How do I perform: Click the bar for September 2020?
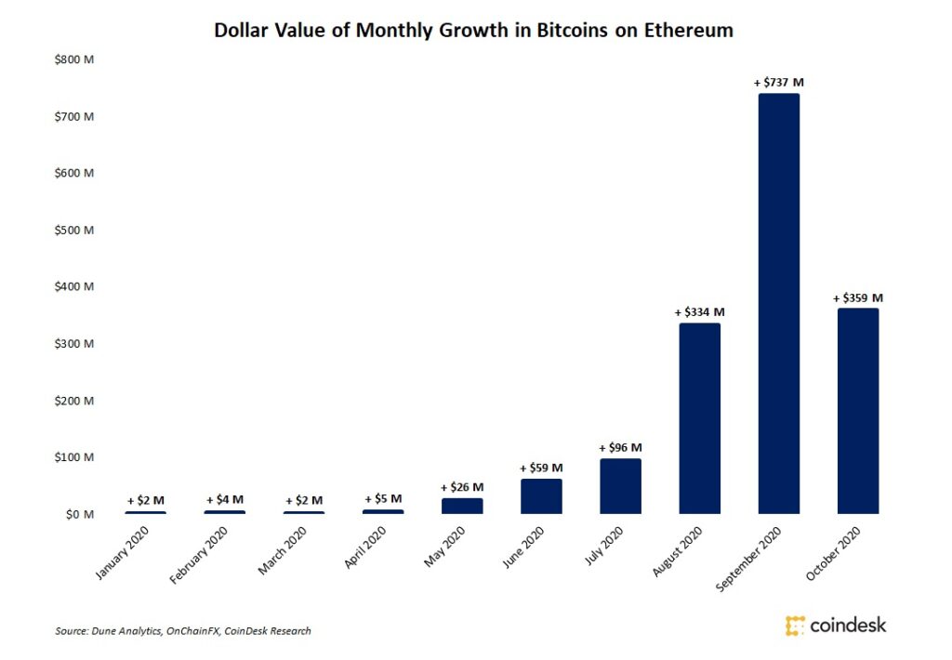coord(778,303)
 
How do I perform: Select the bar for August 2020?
coord(699,417)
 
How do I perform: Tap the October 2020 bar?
coord(857,411)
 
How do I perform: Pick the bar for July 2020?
coord(620,486)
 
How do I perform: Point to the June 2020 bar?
coord(541,496)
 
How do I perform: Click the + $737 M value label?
coord(778,83)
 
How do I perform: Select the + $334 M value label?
coord(699,312)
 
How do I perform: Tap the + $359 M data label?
coord(857,298)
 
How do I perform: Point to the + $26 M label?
coord(462,487)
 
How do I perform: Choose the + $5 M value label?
coord(383,499)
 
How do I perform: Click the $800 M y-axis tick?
coord(75,60)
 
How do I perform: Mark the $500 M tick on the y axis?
coord(75,231)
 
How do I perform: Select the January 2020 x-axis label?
coord(123,553)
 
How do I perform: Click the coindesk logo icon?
coord(795,625)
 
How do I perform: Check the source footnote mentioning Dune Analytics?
coord(183,631)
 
